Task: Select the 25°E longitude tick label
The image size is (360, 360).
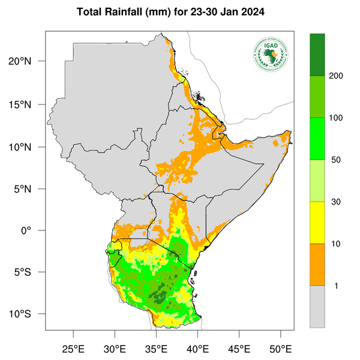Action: [73, 349]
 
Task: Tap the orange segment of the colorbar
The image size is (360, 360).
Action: [317, 264]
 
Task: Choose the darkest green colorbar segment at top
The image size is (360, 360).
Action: [317, 55]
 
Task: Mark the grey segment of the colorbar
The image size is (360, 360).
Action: [317, 306]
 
